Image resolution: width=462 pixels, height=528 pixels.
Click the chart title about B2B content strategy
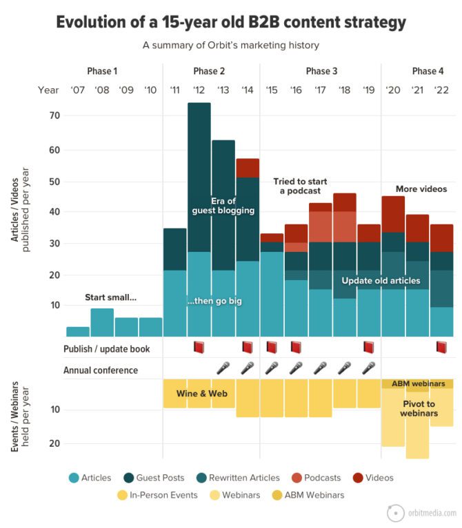231,22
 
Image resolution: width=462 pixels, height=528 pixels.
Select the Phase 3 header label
321,71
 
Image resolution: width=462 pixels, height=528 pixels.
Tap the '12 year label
199,90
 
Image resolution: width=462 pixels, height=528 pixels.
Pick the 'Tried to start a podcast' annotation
300,186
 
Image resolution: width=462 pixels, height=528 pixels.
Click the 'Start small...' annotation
111,297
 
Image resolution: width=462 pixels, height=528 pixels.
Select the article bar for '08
102,322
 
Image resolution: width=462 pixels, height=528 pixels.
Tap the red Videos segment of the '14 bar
248,168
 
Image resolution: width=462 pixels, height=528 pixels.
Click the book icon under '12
199,348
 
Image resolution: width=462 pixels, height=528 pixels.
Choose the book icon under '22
442,348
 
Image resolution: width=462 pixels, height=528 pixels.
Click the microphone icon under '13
223,368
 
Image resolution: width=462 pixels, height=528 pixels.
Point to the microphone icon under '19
368,368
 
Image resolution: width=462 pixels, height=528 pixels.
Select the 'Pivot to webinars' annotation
419,408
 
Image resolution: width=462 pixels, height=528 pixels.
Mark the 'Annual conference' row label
101,370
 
